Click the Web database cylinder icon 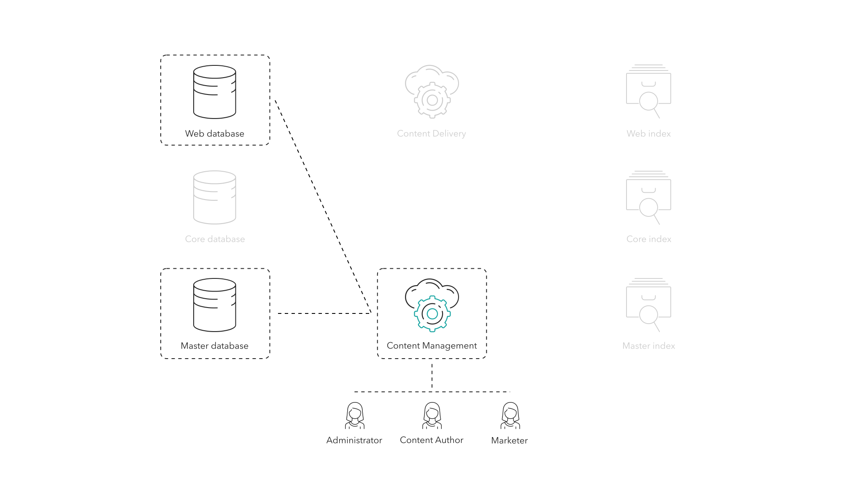(214, 92)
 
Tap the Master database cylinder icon (214, 305)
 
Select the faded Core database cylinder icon (214, 197)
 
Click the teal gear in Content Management (432, 314)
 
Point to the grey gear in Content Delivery (432, 100)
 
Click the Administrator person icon (355, 416)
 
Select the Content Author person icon (432, 416)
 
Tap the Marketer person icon (510, 416)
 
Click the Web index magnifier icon (649, 101)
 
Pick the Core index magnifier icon (649, 207)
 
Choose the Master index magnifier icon (649, 315)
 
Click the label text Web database (214, 134)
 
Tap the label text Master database (214, 346)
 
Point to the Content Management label (432, 346)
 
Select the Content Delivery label (431, 134)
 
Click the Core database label (215, 239)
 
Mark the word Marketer (509, 440)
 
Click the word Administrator (354, 440)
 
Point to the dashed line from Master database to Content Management (324, 313)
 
